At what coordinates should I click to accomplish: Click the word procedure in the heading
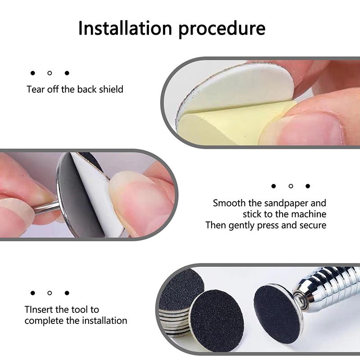tap(222, 29)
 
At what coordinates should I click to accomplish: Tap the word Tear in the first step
tap(35, 89)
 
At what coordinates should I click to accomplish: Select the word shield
tap(111, 89)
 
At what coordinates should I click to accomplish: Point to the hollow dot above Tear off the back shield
tap(49, 73)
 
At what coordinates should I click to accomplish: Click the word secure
tap(313, 225)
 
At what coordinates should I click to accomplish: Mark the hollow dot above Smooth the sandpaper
tap(291, 186)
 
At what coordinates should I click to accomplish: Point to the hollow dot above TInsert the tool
tap(49, 293)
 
